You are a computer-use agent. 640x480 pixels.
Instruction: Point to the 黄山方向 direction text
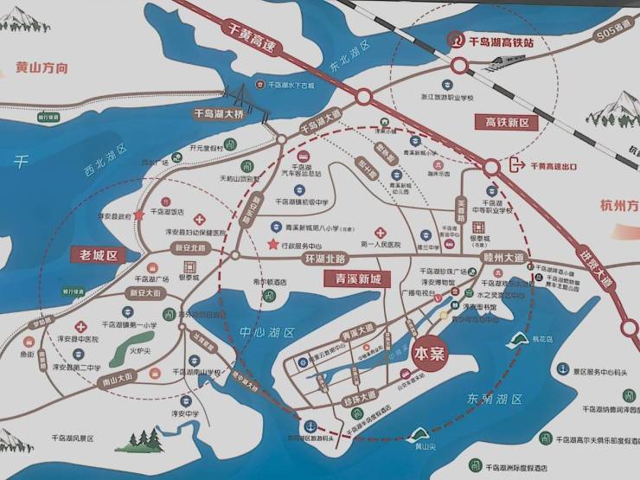coord(42,67)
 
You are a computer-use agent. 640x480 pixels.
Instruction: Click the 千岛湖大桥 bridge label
coord(219,115)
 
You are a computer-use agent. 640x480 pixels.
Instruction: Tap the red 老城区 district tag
coord(98,255)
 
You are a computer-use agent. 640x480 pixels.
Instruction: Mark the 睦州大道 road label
coord(504,259)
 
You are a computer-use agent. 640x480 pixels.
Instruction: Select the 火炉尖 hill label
coord(141,352)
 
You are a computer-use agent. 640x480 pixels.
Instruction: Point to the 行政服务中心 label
coord(303,245)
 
